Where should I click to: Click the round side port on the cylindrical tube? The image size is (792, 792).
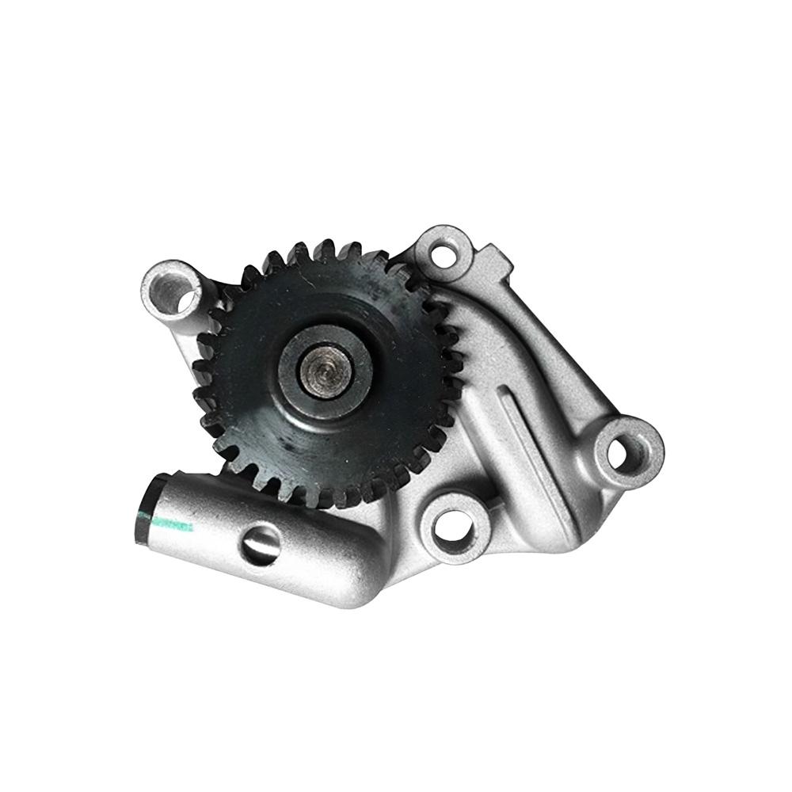pos(262,545)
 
